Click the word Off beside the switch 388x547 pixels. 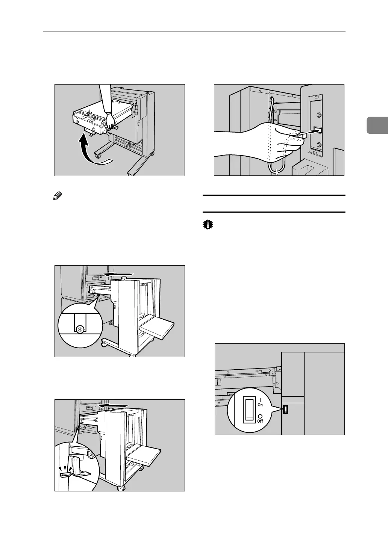point(260,421)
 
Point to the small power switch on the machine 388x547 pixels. point(285,409)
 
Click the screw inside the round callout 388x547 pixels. point(80,329)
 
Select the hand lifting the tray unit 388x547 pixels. point(110,121)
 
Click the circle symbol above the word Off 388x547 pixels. point(260,416)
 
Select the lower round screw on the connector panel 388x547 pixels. point(318,145)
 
